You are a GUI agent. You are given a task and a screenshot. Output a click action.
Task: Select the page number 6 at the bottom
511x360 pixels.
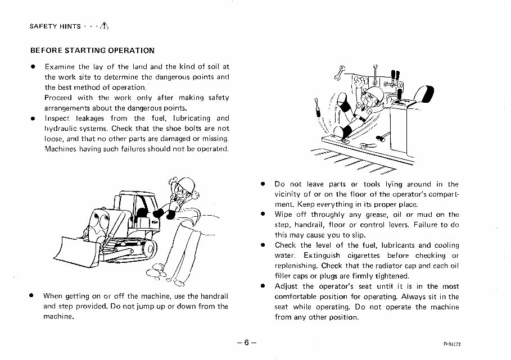click(247, 343)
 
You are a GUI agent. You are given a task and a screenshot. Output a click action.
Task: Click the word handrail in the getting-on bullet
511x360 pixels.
click(211, 296)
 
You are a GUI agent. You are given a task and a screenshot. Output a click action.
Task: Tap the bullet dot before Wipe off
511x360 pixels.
click(263, 215)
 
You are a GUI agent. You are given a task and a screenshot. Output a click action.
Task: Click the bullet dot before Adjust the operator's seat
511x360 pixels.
click(263, 286)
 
